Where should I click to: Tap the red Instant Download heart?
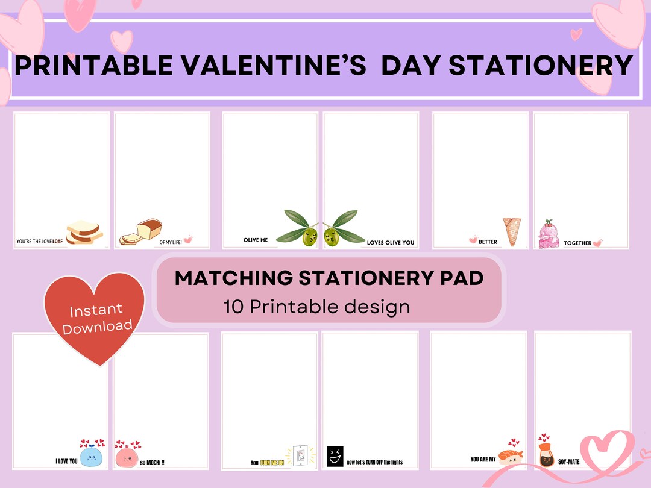point(96,316)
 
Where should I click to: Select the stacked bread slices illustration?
point(84,232)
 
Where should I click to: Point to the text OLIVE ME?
point(256,240)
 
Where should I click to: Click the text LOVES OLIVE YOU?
point(391,243)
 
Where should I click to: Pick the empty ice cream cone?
point(512,231)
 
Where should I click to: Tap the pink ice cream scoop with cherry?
point(549,235)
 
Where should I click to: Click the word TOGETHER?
point(577,243)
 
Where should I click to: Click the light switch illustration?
point(300,456)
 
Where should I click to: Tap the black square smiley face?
point(335,456)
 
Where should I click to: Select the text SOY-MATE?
point(568,461)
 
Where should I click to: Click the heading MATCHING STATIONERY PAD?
point(329,278)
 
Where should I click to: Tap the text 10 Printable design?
point(316,307)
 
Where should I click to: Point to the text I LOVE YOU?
point(66,461)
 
